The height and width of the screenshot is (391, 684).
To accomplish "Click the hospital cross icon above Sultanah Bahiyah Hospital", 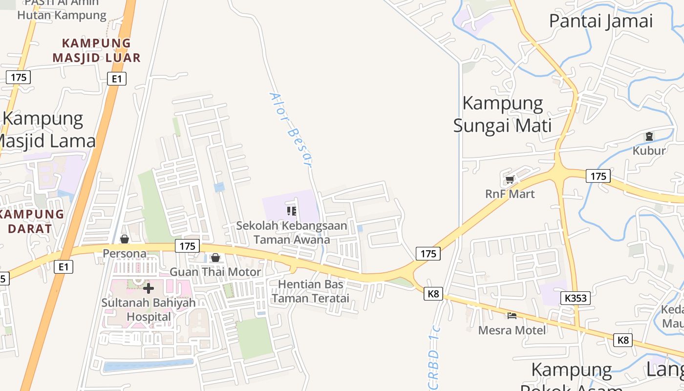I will click(149, 288).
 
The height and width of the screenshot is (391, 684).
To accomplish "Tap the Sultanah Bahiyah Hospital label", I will click(149, 309).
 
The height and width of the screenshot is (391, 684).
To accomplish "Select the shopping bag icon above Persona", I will click(125, 239).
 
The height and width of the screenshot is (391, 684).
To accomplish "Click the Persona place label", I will click(125, 254).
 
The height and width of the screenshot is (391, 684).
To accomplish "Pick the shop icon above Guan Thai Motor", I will click(215, 258).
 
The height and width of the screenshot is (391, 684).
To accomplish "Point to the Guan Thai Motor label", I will click(215, 272).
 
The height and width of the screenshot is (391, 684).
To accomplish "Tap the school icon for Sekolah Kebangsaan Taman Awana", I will click(292, 211).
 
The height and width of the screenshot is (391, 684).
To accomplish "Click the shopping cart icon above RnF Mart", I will click(510, 179).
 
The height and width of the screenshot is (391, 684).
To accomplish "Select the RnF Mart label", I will click(510, 194).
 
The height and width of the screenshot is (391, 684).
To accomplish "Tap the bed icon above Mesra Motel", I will click(512, 316).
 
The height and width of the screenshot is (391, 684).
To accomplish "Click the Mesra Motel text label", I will click(512, 330).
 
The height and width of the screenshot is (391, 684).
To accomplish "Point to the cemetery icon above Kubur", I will click(649, 136).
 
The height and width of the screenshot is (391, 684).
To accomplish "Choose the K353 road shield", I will click(577, 298).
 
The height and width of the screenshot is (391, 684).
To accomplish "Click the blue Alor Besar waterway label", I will click(291, 130).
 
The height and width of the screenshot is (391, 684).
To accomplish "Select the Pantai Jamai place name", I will click(601, 21).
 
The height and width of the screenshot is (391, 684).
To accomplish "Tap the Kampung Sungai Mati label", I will click(503, 114).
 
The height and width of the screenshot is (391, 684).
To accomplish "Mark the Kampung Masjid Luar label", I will click(97, 50).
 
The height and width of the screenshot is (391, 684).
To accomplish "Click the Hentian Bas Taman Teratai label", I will click(311, 291).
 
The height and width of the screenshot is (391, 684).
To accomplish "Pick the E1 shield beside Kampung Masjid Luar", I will click(117, 79).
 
